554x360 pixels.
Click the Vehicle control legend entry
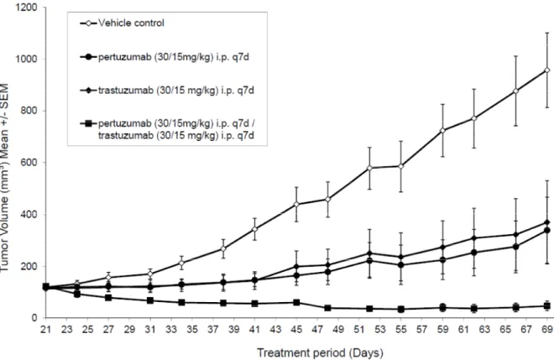click(123, 23)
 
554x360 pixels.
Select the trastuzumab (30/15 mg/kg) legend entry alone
click(167, 91)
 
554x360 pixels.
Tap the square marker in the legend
click(89, 123)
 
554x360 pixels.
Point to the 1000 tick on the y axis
click(27, 59)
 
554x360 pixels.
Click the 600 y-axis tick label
click(29, 163)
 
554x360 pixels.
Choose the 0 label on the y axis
click(34, 318)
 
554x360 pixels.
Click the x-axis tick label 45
click(296, 329)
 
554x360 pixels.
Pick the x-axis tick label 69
click(547, 329)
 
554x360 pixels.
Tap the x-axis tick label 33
click(171, 329)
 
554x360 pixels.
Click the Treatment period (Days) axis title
click(320, 352)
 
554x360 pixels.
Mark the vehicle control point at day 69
click(547, 70)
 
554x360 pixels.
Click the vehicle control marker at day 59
click(442, 130)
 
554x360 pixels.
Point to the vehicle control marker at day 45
click(296, 204)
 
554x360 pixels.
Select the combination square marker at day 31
click(150, 300)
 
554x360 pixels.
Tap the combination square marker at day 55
click(401, 309)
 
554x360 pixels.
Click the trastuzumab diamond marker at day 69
click(547, 222)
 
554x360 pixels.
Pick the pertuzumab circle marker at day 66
click(516, 247)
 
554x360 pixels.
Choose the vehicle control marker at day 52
click(369, 168)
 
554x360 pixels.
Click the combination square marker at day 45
click(296, 303)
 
